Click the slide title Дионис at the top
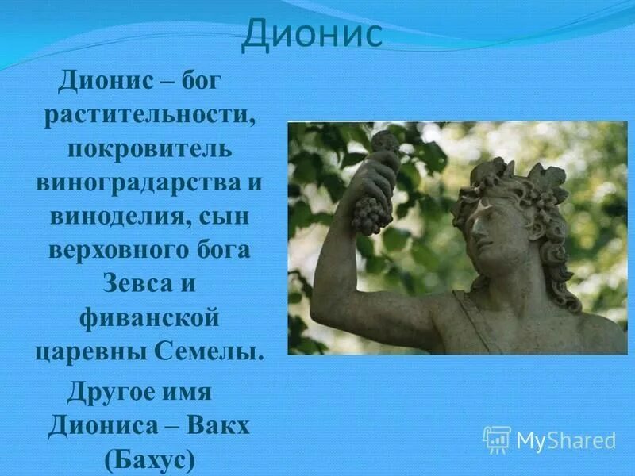[311, 36]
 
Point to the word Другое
[110, 393]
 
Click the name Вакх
[219, 427]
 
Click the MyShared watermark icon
[497, 439]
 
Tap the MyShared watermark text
[566, 440]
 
